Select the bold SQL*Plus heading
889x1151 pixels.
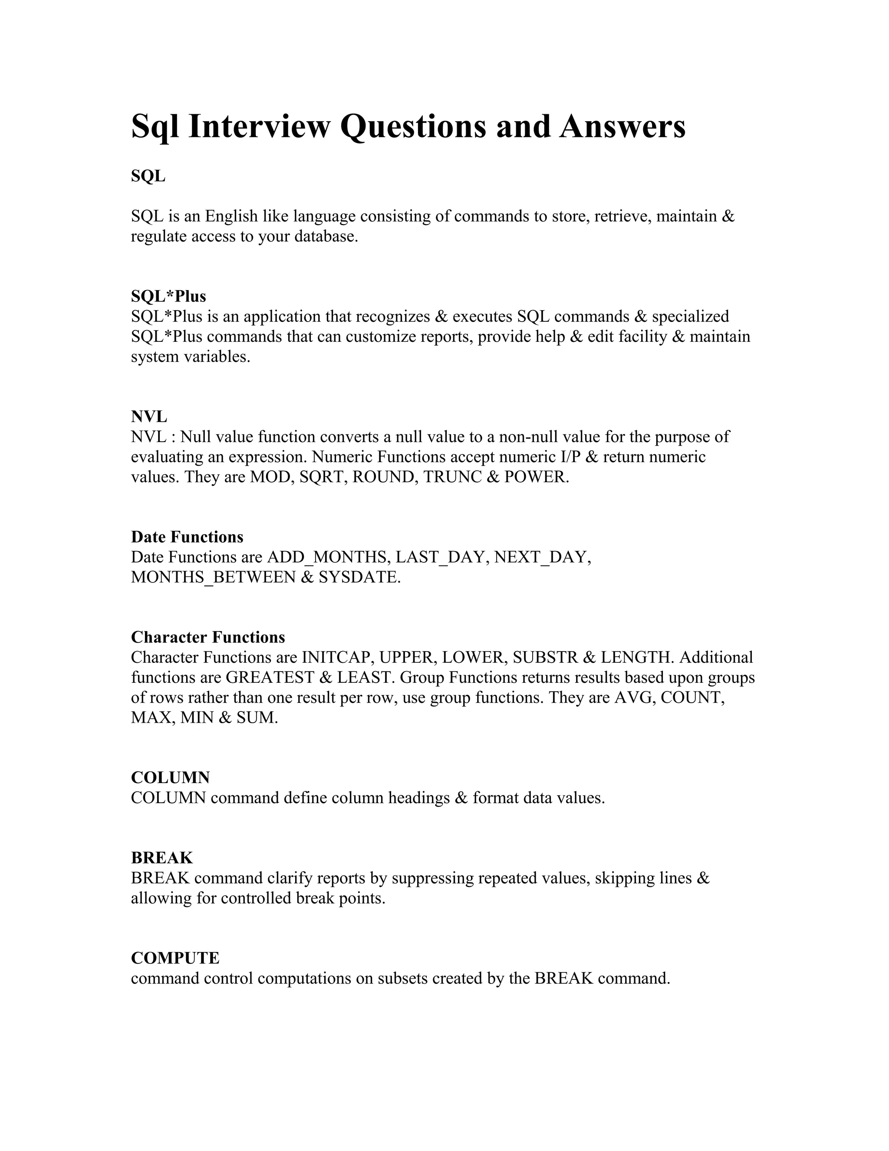[168, 296]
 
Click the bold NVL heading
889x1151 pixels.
[149, 417]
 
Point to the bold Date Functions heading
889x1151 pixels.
[187, 537]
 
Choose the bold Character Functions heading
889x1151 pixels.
[208, 637]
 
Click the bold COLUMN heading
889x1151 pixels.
[170, 777]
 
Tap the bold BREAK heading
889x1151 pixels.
[161, 858]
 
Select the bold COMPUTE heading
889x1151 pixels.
[175, 958]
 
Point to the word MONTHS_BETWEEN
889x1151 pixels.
[213, 577]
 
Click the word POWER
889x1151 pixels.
[536, 477]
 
